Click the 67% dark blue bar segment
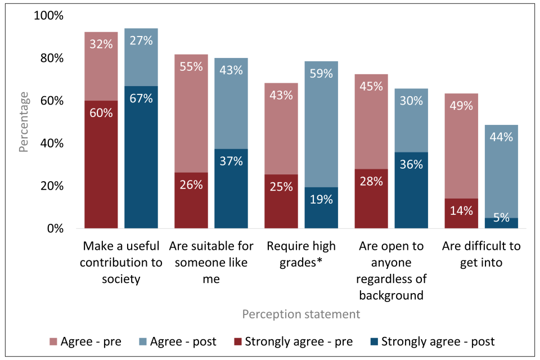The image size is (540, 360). (x=141, y=157)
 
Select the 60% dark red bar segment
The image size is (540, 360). (x=101, y=164)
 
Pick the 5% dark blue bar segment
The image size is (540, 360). (x=501, y=223)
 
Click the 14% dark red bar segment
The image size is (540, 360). (x=461, y=213)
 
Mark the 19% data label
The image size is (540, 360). (x=321, y=199)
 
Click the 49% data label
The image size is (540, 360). (x=461, y=105)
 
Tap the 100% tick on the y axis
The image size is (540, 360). (x=49, y=16)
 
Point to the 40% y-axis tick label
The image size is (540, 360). (x=52, y=143)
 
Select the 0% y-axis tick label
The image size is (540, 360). (x=55, y=229)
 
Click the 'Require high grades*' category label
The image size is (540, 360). (x=301, y=254)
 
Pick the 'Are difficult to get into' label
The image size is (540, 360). (x=481, y=254)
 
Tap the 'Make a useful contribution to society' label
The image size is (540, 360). (x=122, y=263)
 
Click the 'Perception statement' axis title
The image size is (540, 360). (x=301, y=314)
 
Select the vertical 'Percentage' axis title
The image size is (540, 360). (x=24, y=123)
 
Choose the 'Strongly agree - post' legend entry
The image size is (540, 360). (x=432, y=341)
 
